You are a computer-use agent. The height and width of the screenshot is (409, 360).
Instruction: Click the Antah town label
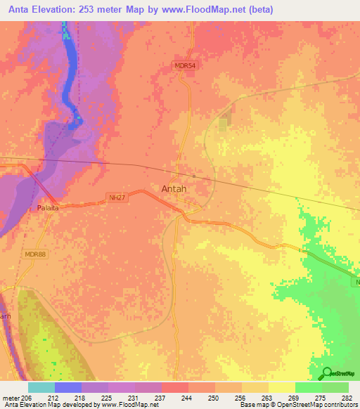(174, 188)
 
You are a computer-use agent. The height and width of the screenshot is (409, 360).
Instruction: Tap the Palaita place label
(48, 209)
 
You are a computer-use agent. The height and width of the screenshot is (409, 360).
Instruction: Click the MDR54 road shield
(184, 66)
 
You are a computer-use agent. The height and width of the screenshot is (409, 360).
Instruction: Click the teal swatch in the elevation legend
(41, 387)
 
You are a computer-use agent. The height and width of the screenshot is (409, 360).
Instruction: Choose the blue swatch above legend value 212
(68, 387)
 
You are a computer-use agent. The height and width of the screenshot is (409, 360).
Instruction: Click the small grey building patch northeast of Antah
(223, 124)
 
